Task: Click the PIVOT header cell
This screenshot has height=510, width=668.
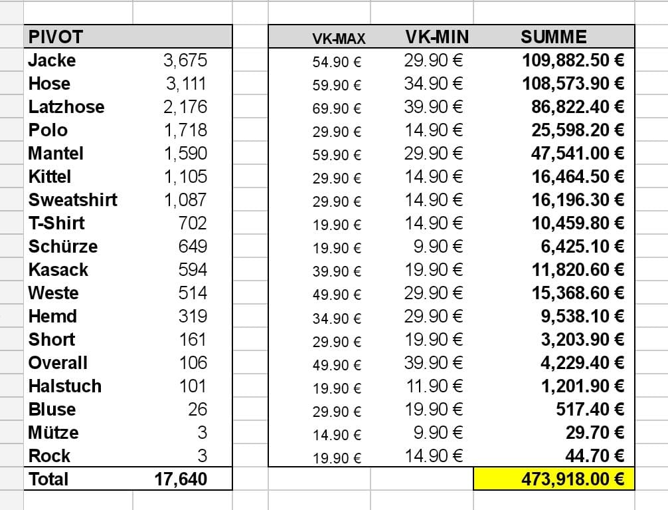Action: click(56, 37)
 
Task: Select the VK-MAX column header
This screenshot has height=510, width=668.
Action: click(339, 39)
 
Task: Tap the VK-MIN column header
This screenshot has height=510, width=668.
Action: click(437, 37)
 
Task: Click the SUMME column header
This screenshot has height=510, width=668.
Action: click(553, 37)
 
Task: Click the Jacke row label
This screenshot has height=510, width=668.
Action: click(52, 61)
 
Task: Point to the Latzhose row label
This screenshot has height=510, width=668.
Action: click(66, 107)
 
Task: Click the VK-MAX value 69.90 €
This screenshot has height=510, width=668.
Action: click(337, 108)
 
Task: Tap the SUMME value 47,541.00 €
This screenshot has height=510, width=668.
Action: click(578, 154)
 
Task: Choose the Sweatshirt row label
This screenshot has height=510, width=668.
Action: click(73, 200)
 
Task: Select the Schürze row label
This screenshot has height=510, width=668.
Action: click(63, 247)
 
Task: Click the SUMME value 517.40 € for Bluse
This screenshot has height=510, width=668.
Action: click(590, 410)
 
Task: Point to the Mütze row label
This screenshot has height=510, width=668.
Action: click(53, 433)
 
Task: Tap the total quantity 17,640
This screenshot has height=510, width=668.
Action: click(181, 479)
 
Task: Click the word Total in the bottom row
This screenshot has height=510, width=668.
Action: click(48, 479)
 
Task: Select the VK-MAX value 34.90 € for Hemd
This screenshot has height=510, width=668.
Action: click(337, 318)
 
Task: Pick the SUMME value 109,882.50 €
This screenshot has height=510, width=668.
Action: click(573, 61)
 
